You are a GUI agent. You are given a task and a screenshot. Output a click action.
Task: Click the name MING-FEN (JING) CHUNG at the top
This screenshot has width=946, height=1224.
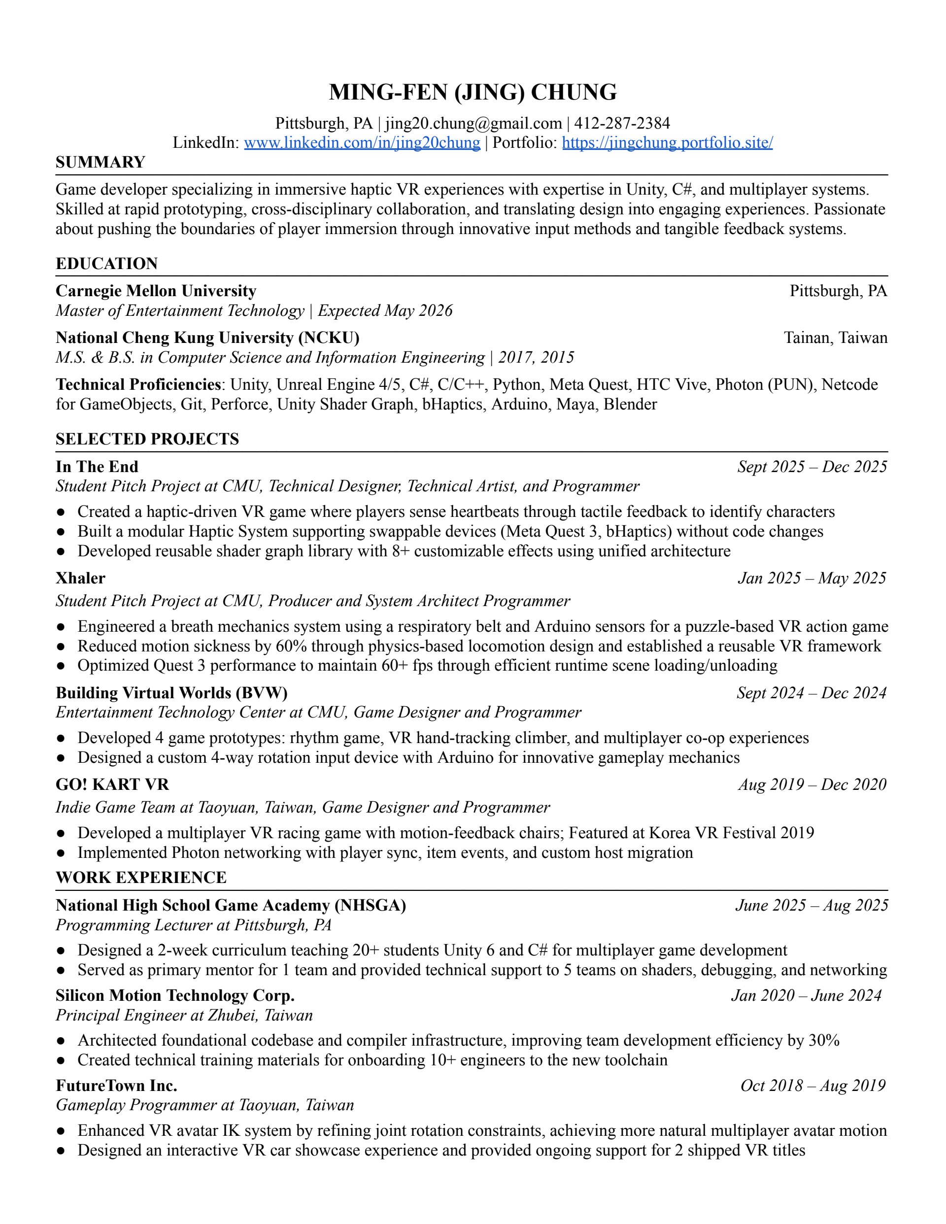tap(473, 93)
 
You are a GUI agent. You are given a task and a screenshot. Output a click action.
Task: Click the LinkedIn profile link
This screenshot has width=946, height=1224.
tap(362, 142)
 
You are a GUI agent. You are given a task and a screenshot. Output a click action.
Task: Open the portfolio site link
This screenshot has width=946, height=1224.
tap(667, 142)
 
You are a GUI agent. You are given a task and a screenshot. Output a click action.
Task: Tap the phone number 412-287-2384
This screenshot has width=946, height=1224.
tap(622, 123)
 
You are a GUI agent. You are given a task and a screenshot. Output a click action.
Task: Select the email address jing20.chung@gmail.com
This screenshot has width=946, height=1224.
tap(473, 123)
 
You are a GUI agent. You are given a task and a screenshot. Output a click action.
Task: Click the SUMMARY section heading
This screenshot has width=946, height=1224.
tap(101, 163)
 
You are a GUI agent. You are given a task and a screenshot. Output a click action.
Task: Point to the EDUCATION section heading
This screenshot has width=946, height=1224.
tap(106, 264)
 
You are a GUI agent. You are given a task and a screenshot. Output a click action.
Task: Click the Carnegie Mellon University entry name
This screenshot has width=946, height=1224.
tap(156, 291)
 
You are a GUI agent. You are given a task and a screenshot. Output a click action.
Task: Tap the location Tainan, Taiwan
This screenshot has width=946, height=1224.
tap(835, 338)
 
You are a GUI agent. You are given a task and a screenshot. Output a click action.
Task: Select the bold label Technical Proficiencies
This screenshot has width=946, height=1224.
tap(138, 384)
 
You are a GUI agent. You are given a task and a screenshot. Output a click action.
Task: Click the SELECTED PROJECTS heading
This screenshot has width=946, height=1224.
tap(147, 439)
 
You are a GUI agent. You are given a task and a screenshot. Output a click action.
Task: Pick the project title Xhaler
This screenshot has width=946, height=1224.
tap(80, 578)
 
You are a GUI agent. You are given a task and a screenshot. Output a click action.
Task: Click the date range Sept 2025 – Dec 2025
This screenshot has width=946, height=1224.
tap(812, 467)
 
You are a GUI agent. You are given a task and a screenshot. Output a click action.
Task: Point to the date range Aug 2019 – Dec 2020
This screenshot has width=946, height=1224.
tap(812, 784)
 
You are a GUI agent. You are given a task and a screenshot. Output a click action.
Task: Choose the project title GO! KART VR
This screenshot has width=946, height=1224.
tap(112, 784)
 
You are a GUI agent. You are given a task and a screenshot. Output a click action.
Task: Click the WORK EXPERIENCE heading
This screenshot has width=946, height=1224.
tap(141, 877)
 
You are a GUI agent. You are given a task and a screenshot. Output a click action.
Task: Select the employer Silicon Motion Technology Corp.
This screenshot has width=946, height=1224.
tap(175, 995)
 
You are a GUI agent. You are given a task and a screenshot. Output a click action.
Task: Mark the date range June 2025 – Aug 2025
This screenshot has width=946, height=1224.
tap(811, 905)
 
